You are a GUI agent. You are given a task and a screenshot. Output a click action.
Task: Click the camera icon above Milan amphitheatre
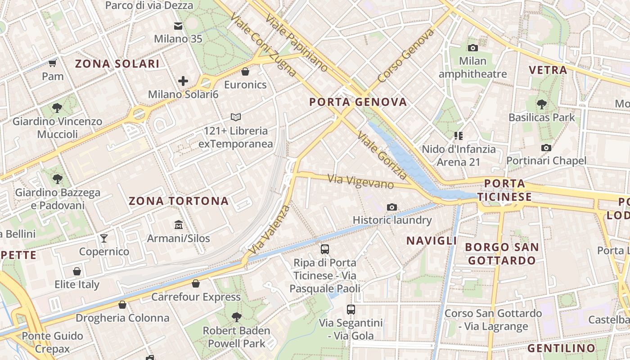coord(472,48)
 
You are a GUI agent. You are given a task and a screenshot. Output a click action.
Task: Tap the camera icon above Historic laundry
coord(392,207)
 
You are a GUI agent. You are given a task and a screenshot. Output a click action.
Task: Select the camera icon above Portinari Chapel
coord(546,148)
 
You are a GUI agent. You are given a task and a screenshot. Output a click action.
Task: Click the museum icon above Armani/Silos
coord(179,224)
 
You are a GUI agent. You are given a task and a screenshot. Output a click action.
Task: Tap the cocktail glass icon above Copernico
coord(104,238)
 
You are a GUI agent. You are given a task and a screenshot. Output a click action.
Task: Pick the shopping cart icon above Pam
coord(53,63)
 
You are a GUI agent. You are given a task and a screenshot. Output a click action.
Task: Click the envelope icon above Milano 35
coord(178,26)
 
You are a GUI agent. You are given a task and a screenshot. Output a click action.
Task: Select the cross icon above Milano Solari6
coord(183,81)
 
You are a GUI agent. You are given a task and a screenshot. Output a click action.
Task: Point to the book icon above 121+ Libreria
coord(236,117)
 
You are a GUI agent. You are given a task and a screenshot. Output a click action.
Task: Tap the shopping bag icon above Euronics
coord(245,71)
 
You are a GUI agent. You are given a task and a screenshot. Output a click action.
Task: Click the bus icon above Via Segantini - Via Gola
coord(351,309)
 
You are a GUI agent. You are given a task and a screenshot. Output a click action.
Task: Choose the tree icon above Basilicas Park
coord(542,104)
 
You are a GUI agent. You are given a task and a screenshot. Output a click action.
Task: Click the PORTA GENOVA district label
coord(358,102)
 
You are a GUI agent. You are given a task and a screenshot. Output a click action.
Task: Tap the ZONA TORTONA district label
coord(179,201)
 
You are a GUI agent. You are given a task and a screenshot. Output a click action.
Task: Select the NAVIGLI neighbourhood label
coord(432,241)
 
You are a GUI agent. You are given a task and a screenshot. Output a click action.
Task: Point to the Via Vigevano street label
coord(361,181)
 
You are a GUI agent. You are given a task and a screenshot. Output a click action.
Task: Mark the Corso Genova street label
coord(406,56)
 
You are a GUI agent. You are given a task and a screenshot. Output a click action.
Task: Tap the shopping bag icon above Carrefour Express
coord(196,283)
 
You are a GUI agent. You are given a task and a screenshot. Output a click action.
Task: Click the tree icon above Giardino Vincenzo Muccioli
coord(57,108)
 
